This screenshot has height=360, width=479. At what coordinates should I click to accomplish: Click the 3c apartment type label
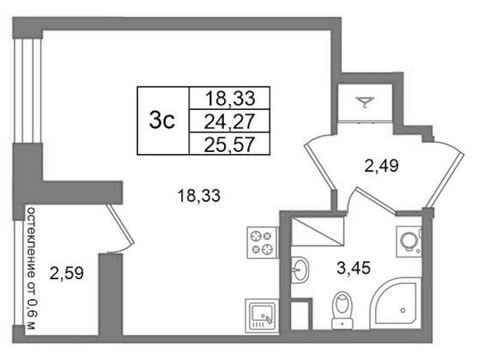[x=162, y=121]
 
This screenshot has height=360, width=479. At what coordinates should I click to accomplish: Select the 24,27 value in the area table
[x=230, y=121]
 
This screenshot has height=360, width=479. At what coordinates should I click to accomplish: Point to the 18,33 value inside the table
[x=230, y=98]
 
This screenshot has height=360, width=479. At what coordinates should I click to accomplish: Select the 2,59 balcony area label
[x=65, y=275]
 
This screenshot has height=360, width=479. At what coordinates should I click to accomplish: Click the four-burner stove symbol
[x=262, y=241]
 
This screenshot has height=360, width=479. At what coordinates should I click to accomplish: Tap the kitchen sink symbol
[x=262, y=315]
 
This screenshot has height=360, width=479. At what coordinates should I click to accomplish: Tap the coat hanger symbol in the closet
[x=364, y=103]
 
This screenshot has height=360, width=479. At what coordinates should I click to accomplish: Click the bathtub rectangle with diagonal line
[x=318, y=231]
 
